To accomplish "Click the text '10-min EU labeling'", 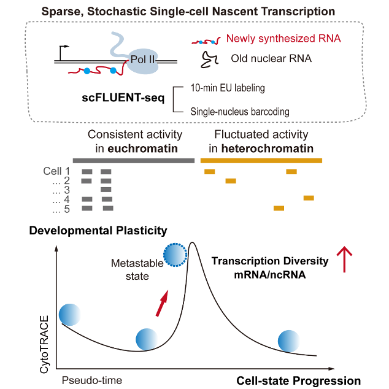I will [x=227, y=88].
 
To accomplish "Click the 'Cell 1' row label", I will [x=57, y=171].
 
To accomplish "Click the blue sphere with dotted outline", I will [x=174, y=254].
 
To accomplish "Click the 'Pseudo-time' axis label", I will [x=92, y=380].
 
